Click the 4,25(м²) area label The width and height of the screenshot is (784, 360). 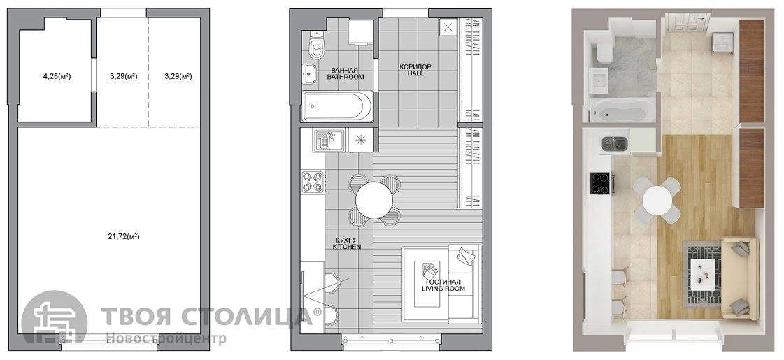pyautogui.click(x=57, y=76)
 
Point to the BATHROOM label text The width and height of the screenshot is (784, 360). pyautogui.click(x=345, y=77)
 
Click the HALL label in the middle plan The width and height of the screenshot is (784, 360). pyautogui.click(x=415, y=73)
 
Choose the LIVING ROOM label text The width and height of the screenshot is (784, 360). pyautogui.click(x=443, y=289)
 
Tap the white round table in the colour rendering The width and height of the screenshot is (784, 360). pyautogui.click(x=657, y=199)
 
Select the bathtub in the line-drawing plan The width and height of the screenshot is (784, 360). pyautogui.click(x=336, y=106)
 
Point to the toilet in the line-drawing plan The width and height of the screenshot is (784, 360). pyautogui.click(x=315, y=45)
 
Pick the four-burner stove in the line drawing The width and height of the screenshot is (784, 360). pyautogui.click(x=313, y=182)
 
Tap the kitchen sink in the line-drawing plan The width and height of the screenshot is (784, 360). pyautogui.click(x=327, y=140)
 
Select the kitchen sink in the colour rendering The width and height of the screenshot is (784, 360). pyautogui.click(x=615, y=144)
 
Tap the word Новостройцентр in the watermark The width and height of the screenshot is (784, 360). pyautogui.click(x=166, y=339)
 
